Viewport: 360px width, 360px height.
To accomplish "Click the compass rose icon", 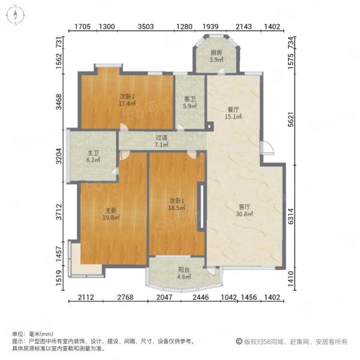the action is (x=16, y=16).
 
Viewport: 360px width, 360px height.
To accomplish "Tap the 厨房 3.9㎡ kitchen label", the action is (x=216, y=56).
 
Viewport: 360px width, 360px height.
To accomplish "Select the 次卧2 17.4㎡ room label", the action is (x=127, y=100).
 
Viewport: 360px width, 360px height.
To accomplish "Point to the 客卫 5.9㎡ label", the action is (x=190, y=103).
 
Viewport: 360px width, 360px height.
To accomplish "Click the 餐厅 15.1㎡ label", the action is (x=233, y=113).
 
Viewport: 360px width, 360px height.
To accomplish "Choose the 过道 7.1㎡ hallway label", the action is (x=161, y=141).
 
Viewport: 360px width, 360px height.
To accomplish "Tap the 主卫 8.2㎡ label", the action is (x=93, y=157).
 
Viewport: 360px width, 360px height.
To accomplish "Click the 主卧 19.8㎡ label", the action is (x=111, y=214).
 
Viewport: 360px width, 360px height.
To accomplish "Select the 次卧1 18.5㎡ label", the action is (x=177, y=204).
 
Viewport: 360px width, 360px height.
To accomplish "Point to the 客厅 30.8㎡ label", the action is (x=244, y=211).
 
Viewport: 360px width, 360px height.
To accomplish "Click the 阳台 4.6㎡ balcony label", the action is (x=184, y=273).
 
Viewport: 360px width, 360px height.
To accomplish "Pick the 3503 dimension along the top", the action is (x=146, y=26).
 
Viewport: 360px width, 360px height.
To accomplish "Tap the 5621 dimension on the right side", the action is (x=290, y=119).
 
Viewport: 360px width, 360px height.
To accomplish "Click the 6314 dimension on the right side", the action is (x=290, y=216).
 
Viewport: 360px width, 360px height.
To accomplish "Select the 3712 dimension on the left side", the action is (x=59, y=212).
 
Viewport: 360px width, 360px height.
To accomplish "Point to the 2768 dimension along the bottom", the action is (x=125, y=298).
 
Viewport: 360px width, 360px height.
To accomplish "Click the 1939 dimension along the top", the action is (x=211, y=26).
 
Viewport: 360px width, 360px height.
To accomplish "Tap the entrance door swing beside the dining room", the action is (x=267, y=148).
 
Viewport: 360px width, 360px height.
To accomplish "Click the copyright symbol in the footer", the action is (x=239, y=341).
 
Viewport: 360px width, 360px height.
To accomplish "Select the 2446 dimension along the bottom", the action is (x=201, y=298).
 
